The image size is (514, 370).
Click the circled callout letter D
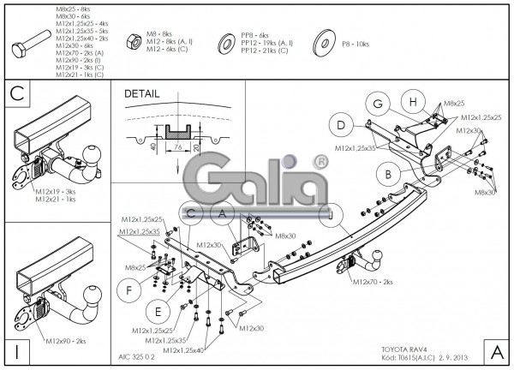click(340, 126)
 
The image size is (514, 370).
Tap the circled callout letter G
click(375, 104)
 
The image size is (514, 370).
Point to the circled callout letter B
click(387, 175)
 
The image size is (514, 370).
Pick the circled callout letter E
click(156, 310)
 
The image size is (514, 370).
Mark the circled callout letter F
click(129, 289)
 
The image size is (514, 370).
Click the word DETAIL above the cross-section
click(142, 93)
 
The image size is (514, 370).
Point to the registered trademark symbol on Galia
click(319, 159)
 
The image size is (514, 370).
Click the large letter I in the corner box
click(17, 350)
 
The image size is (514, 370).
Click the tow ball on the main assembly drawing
click(376, 256)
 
